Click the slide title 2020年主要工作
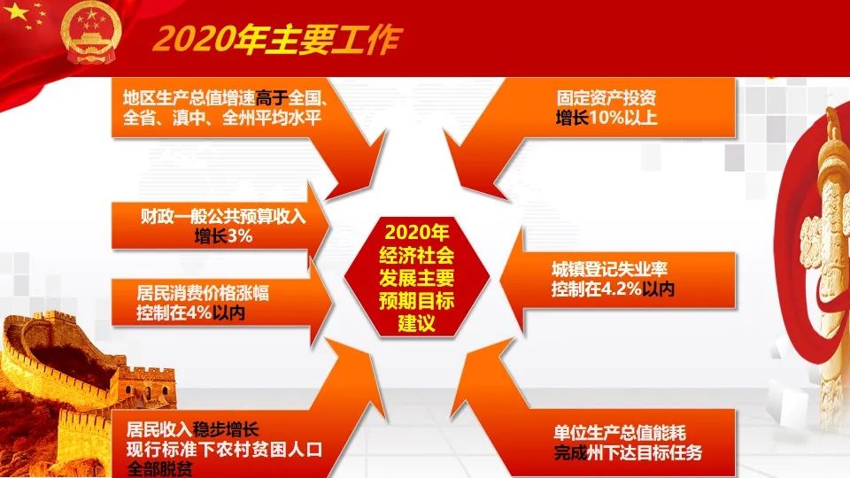[x=277, y=39]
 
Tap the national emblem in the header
[x=90, y=33]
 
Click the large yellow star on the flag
[x=16, y=12]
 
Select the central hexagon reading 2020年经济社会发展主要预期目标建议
[x=416, y=277]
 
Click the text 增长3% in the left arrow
[x=223, y=235]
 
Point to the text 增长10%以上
[x=607, y=117]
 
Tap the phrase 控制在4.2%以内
[x=613, y=289]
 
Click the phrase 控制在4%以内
[x=190, y=312]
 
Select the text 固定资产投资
[x=607, y=97]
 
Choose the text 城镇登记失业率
[x=609, y=269]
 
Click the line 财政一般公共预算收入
[x=223, y=216]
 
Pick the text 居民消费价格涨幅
[x=202, y=293]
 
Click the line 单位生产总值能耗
[x=620, y=433]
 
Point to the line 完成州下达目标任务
[x=628, y=452]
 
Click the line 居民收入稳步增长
[x=192, y=430]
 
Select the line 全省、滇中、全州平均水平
[x=222, y=117]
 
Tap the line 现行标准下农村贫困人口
[x=224, y=450]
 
